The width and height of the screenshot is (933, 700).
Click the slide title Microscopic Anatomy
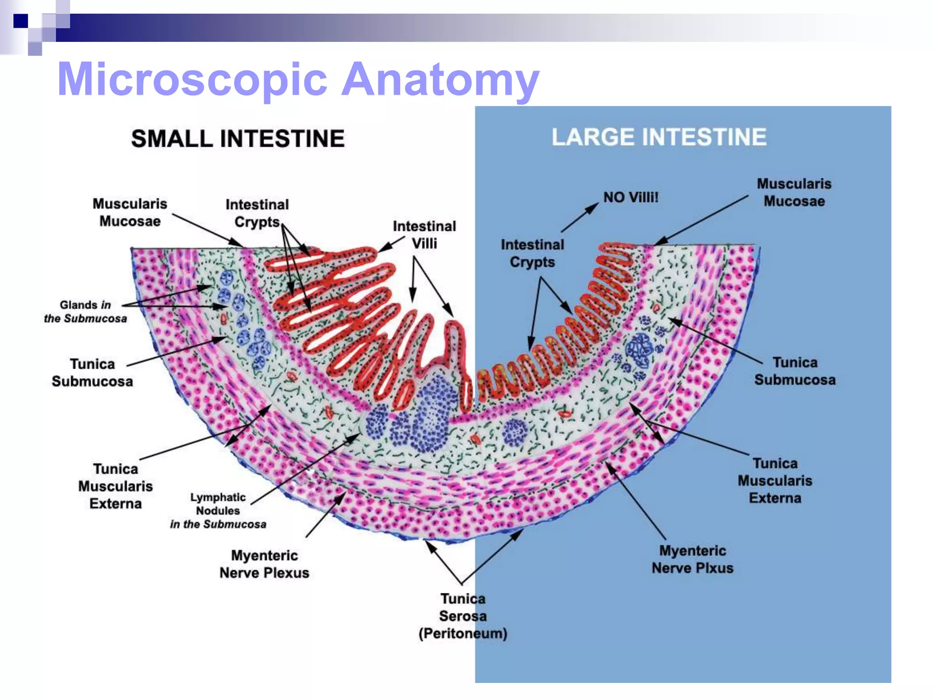pyautogui.click(x=298, y=80)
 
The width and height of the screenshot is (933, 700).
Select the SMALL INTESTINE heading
pyautogui.click(x=238, y=139)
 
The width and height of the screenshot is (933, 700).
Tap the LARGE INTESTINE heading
pyautogui.click(x=659, y=137)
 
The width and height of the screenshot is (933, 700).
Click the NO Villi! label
pyautogui.click(x=631, y=197)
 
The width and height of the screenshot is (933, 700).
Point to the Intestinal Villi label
pyautogui.click(x=424, y=235)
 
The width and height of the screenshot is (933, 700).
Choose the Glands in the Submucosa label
pyautogui.click(x=85, y=312)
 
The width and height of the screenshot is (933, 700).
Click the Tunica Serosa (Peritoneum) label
pyautogui.click(x=462, y=616)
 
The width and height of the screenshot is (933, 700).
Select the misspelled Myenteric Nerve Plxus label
pyautogui.click(x=692, y=559)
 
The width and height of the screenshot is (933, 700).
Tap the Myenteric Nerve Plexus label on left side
pyautogui.click(x=264, y=564)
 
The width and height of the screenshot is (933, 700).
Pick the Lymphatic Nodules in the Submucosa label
pyautogui.click(x=218, y=510)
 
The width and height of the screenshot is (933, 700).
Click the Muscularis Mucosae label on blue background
pyautogui.click(x=794, y=192)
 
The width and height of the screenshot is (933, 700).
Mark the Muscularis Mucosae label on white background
pyautogui.click(x=130, y=212)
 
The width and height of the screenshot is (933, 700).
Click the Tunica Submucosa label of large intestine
pyautogui.click(x=795, y=371)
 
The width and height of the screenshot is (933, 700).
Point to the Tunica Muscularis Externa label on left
pyautogui.click(x=115, y=486)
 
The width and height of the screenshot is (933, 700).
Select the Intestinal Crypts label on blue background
pyautogui.click(x=532, y=253)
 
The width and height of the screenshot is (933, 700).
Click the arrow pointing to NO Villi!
pyautogui.click(x=579, y=218)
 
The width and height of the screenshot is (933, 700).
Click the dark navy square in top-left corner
pyautogui.click(x=21, y=21)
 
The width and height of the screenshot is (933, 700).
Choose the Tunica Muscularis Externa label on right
pyautogui.click(x=775, y=480)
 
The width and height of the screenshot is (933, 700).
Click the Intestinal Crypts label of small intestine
pyautogui.click(x=257, y=213)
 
